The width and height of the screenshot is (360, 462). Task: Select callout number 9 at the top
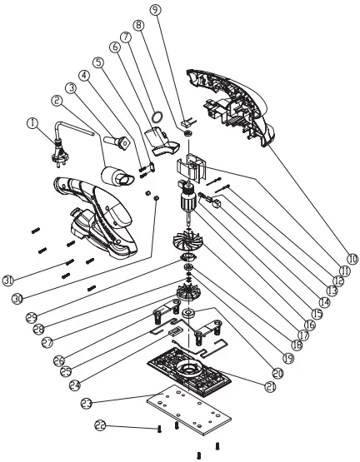tap(156, 10)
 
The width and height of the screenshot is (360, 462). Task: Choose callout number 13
tap(332, 291)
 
